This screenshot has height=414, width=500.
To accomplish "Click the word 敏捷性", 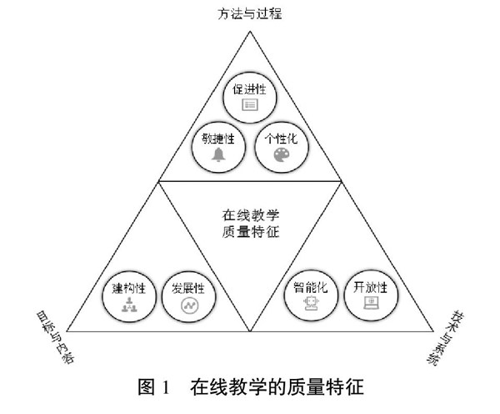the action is coord(219,140).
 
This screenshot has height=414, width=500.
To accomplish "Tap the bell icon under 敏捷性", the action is coord(219,156).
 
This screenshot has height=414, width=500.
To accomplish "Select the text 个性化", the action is coord(280,140).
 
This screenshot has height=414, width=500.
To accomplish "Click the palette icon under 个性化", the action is coord(280,156).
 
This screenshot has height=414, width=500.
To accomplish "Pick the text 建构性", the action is coord(129,289).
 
